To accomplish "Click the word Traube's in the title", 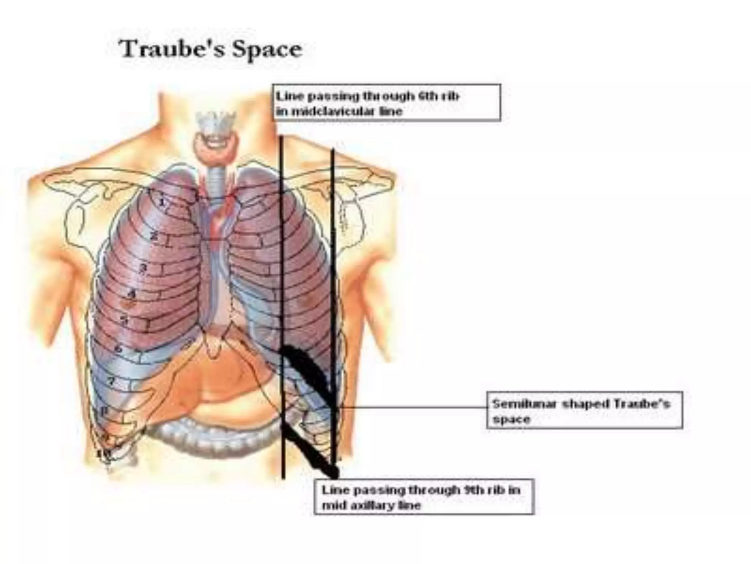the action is [x=172, y=50].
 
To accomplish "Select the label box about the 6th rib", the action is [x=387, y=103].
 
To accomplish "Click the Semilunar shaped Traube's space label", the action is [x=585, y=410].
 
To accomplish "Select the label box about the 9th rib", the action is [x=424, y=497].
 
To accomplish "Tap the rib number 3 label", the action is [x=143, y=268].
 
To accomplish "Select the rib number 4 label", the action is [x=131, y=294].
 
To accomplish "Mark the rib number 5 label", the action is [x=125, y=320].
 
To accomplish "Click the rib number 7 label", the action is [x=111, y=382].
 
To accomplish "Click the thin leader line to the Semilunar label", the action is [x=411, y=407].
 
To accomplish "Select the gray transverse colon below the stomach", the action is [x=205, y=437].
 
